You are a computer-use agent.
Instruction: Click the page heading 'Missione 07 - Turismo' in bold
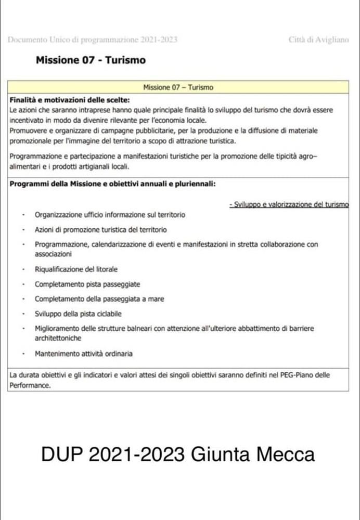click(91, 60)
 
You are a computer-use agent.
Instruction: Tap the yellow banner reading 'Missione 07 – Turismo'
click(178, 87)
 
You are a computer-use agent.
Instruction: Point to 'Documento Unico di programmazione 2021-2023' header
click(93, 40)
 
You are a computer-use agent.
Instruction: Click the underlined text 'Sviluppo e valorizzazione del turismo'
click(289, 205)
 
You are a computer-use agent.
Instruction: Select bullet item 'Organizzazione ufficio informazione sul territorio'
click(110, 214)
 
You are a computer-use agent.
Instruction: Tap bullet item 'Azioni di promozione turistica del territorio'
click(101, 229)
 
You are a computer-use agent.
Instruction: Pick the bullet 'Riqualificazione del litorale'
click(76, 269)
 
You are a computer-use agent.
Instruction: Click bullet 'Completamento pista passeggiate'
click(87, 284)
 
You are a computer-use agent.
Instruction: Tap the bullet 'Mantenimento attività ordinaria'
click(83, 354)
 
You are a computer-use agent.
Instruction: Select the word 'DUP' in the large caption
click(62, 454)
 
